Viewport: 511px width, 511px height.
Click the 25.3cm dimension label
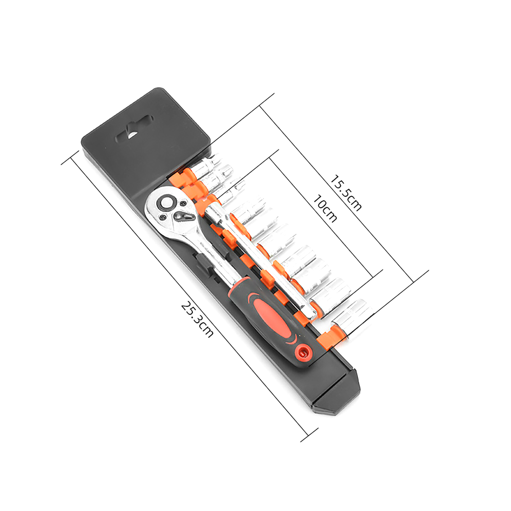point(197,319)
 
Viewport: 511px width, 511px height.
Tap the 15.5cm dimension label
point(346,193)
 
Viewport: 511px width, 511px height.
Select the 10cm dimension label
point(325,209)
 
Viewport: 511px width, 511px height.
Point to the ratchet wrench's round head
point(169,208)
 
